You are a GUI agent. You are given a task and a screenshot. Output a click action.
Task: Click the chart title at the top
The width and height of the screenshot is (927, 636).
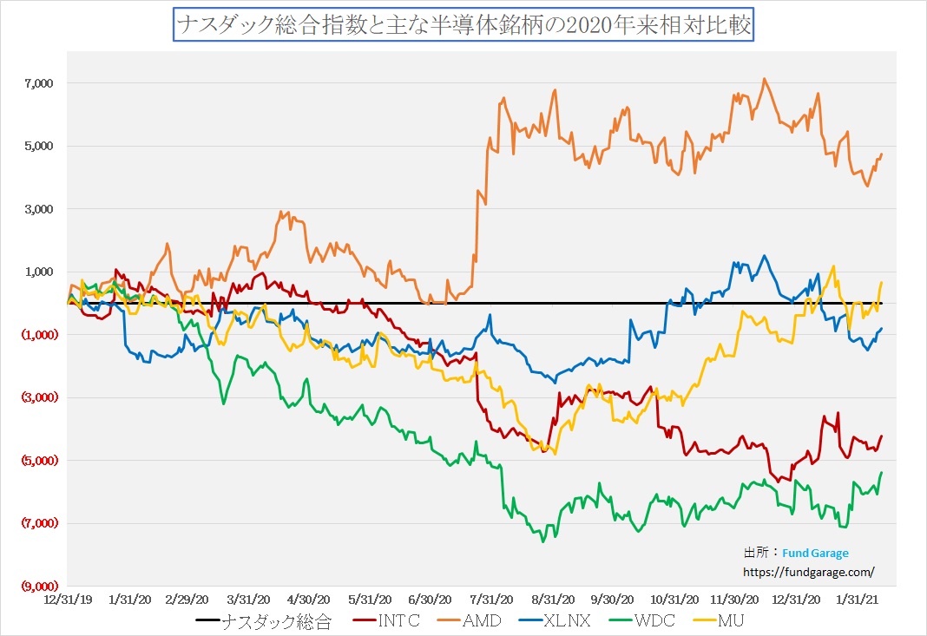[463, 24]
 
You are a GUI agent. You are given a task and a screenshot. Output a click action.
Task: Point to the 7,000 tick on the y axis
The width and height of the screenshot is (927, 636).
[40, 83]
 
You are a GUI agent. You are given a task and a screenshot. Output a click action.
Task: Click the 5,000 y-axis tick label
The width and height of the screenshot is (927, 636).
[40, 146]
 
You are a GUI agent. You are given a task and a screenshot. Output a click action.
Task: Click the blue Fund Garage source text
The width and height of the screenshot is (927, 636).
[815, 553]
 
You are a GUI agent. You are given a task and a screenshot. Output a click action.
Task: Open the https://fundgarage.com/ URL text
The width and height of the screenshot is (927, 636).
[808, 572]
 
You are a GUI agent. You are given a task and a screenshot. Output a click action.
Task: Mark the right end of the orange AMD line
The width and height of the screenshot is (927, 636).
[882, 154]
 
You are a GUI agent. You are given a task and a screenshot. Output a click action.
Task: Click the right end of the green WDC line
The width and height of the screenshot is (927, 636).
[882, 472]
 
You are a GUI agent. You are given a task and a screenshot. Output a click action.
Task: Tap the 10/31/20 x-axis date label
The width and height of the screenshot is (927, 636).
[675, 599]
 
